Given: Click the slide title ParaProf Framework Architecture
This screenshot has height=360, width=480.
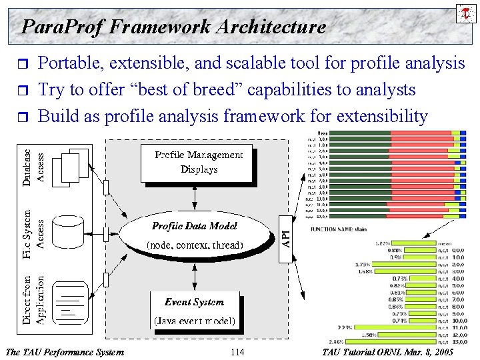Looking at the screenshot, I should [x=173, y=27].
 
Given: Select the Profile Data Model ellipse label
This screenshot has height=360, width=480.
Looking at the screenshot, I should [x=195, y=226].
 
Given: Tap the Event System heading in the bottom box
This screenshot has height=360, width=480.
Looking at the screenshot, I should [x=194, y=302].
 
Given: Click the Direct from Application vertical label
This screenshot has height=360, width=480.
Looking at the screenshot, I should [x=33, y=299].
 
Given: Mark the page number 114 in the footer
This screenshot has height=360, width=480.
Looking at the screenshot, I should [x=237, y=351].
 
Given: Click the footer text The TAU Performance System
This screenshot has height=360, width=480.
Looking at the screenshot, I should [x=64, y=351].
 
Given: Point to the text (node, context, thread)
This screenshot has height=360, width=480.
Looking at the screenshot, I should [x=195, y=245].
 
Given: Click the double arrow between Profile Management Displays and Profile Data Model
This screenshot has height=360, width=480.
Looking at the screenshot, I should [x=194, y=195].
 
